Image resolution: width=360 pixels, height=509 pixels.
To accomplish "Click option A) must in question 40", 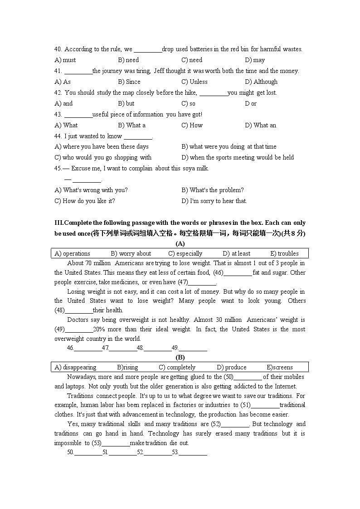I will [65, 60].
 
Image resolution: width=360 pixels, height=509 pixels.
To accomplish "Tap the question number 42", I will [58, 92].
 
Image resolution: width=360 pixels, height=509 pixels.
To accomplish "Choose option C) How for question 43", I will [192, 125].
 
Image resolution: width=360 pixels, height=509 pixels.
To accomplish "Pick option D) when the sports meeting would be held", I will [238, 157].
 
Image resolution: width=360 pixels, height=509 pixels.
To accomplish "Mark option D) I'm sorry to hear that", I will [214, 201].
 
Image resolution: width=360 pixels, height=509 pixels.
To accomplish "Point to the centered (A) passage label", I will [180, 243].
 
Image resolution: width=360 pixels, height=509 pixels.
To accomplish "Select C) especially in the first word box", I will [185, 253].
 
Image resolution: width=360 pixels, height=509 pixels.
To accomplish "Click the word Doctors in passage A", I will [78, 320].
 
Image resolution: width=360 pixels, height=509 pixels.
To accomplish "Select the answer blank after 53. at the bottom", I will [193, 452].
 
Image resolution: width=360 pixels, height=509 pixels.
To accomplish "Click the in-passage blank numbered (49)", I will [79, 330].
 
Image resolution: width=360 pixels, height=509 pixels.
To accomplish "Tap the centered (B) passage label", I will [180, 357].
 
